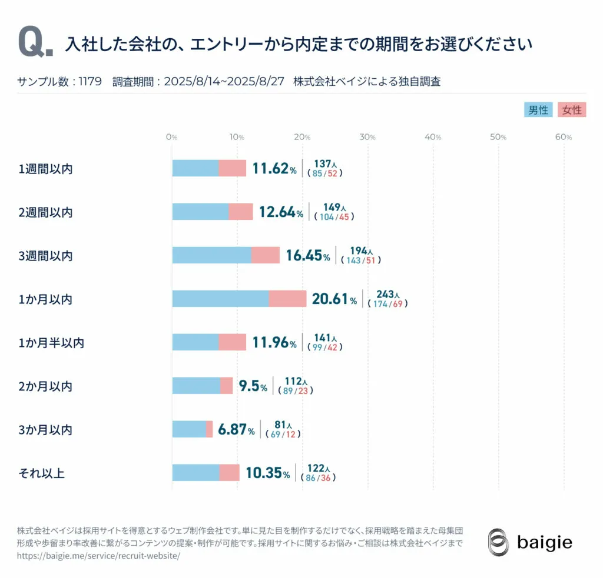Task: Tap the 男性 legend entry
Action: point(538,110)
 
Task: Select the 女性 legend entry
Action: point(572,110)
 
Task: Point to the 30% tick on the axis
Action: point(367,137)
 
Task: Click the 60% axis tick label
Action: point(564,137)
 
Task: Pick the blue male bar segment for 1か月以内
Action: point(220,299)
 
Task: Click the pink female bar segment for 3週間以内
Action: point(266,255)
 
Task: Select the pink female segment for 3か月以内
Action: point(210,429)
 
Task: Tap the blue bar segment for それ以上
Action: point(196,473)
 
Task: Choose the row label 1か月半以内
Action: point(51,342)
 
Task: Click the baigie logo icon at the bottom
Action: point(498,542)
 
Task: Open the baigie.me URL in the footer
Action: point(98,555)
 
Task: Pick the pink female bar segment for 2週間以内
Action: point(241,212)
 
